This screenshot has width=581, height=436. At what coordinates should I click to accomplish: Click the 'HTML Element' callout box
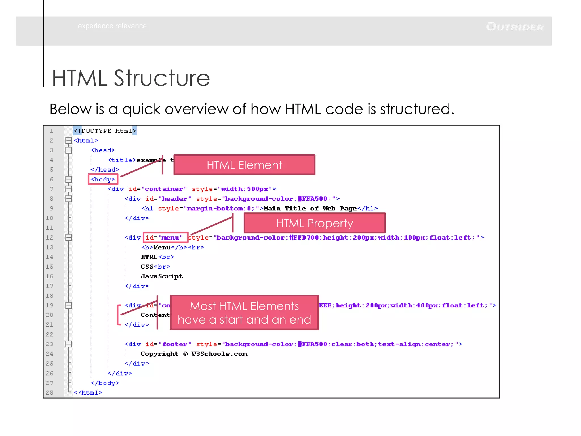[x=244, y=165]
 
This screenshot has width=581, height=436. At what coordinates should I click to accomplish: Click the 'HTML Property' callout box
[x=314, y=223]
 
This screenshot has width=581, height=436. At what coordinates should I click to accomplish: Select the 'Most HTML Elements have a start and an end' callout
[x=244, y=313]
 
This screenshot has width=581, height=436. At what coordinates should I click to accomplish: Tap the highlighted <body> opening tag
[x=103, y=179]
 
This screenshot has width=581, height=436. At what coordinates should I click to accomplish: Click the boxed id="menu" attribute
[x=165, y=237]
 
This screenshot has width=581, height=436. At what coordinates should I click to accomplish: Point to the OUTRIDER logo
[x=515, y=27]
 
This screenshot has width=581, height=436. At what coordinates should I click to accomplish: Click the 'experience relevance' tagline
[x=112, y=26]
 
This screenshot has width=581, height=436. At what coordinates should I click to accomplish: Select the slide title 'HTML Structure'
[x=131, y=78]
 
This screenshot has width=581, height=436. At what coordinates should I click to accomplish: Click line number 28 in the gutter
[x=50, y=393]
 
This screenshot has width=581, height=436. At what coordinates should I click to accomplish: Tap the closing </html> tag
[x=88, y=393]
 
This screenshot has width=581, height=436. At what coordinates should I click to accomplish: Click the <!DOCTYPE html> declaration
[x=105, y=131]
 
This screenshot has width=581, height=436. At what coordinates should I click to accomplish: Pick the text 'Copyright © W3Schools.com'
[x=194, y=354]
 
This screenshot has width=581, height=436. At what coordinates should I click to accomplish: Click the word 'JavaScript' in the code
[x=162, y=276]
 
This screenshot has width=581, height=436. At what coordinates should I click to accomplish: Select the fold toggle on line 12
[x=69, y=237]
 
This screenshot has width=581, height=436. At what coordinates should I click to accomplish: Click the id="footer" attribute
[x=168, y=344]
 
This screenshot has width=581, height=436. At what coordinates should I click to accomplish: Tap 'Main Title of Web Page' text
[x=310, y=209]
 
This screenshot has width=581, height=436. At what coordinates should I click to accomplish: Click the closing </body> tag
[x=105, y=383]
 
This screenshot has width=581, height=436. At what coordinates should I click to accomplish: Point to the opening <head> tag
[x=103, y=150]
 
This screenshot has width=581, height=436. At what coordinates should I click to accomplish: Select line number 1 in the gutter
[x=52, y=131]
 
